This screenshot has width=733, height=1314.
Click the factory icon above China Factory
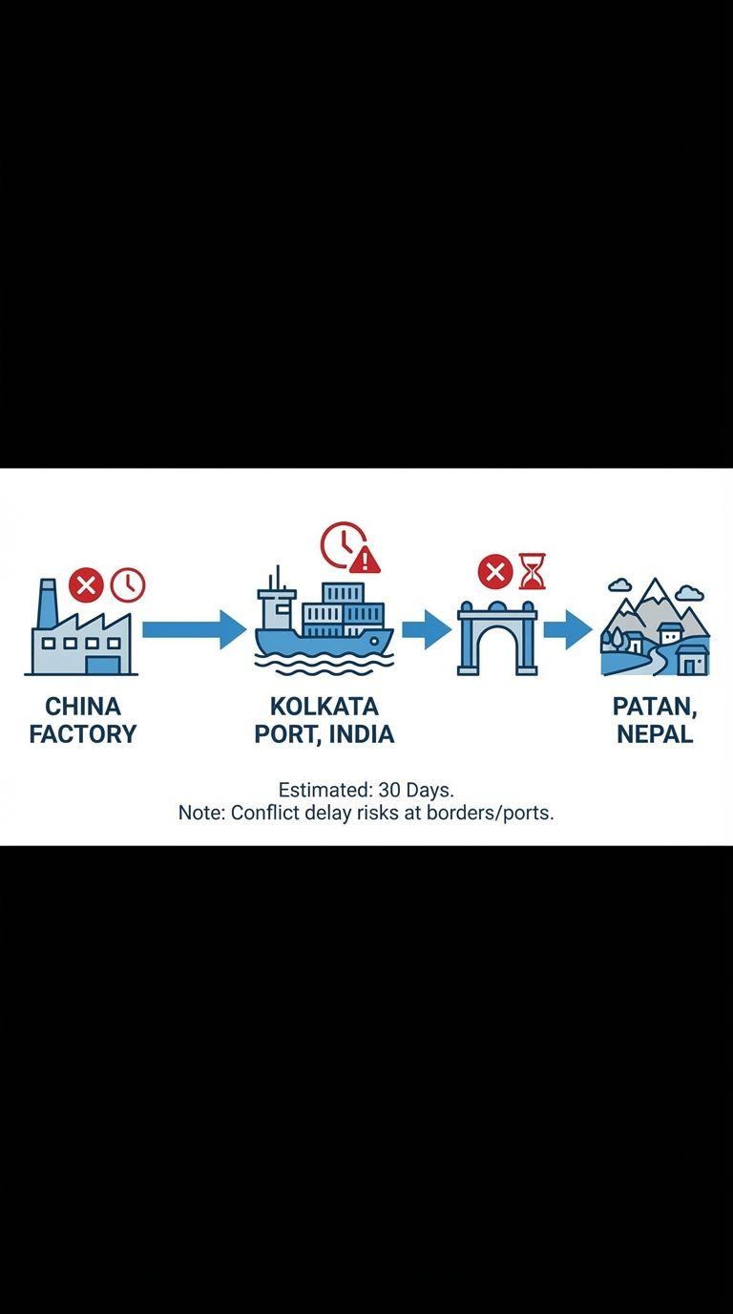coord(81,635)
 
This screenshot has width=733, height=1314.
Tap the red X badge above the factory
coord(86,583)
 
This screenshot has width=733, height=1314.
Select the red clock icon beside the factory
coord(128,584)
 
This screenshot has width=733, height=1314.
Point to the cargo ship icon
coord(324,625)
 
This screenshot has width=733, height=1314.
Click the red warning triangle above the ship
coord(365,558)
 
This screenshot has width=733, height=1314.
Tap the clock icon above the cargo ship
coord(341,543)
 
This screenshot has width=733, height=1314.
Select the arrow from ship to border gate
coord(426,628)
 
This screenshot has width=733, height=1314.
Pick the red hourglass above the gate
coord(533,571)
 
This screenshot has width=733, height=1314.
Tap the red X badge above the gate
coord(494,572)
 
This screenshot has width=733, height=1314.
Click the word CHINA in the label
coord(83,707)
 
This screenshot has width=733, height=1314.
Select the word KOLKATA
coord(324,707)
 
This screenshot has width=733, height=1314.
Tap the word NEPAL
coord(655,734)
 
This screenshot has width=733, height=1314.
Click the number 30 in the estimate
coord(387,791)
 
